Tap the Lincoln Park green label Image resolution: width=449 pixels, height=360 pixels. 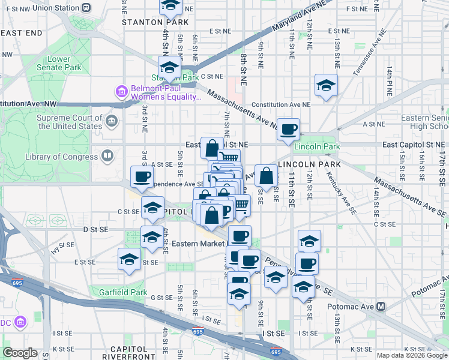click(317, 147)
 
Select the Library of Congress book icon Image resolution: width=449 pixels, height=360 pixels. click(107, 157)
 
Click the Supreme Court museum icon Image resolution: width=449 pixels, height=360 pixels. click(112, 122)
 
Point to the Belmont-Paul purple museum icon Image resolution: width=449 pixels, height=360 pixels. click(121, 92)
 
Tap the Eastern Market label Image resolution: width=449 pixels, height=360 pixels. click(196, 243)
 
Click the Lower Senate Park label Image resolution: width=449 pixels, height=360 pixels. click(59, 63)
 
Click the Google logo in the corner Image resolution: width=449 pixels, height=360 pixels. click(20, 353)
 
